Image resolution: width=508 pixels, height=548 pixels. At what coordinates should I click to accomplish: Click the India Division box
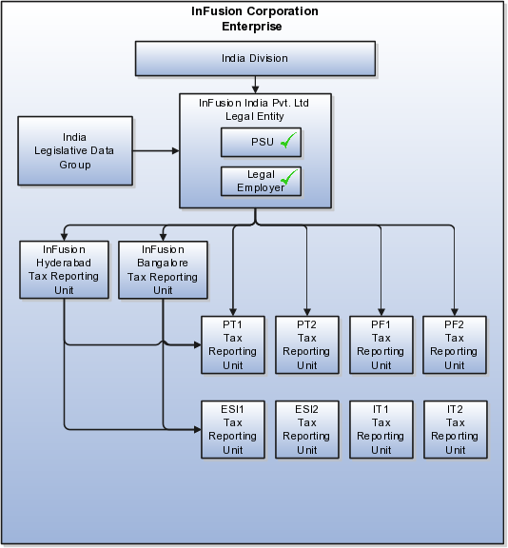255,58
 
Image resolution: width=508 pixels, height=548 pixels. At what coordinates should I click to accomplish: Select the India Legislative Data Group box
75,150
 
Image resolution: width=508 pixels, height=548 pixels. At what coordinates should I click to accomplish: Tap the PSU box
261,142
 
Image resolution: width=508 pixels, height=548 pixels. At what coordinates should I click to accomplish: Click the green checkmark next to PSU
288,140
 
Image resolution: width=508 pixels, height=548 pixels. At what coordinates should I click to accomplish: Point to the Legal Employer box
261,181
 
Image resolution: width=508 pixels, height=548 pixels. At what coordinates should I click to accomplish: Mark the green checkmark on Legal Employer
289,177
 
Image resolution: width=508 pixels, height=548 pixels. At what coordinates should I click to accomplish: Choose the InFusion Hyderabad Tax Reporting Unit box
64,269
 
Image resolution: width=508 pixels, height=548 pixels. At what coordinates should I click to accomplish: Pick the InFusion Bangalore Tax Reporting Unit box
163,269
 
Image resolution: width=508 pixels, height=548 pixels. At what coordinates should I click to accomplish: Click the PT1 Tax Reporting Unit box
233,345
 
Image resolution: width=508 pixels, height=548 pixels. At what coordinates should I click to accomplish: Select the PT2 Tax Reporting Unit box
307,345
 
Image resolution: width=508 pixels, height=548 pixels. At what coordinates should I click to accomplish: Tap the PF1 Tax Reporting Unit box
381,345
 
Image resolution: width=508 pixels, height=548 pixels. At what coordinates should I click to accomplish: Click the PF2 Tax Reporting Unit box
455,345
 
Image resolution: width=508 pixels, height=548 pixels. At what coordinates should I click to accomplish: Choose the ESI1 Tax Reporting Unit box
233,429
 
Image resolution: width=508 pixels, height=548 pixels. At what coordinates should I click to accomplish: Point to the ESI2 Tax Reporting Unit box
307,429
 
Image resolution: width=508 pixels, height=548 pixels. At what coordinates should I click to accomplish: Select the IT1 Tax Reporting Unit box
381,429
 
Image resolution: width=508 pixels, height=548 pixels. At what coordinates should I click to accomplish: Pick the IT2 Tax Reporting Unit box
456,429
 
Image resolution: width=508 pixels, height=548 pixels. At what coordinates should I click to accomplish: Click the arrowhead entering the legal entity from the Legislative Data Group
176,150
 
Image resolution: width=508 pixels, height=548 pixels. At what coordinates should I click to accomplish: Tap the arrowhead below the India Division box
255,89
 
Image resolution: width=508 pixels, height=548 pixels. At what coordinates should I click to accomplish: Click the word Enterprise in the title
252,27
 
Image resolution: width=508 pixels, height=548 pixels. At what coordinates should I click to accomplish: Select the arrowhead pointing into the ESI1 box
198,429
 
